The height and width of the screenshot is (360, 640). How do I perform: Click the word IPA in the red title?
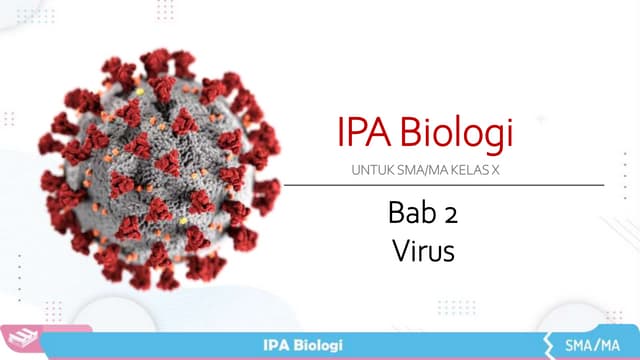[357, 134]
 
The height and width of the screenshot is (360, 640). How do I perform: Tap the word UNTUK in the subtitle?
[372, 171]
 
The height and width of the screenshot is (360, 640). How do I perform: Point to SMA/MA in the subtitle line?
[421, 171]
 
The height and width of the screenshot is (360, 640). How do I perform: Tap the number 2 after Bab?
[449, 214]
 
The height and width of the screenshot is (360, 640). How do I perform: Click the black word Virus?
[424, 250]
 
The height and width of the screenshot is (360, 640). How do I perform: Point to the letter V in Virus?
[399, 250]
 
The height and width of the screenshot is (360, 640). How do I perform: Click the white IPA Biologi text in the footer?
[302, 345]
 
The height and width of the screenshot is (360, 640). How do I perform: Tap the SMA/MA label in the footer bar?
[591, 345]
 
